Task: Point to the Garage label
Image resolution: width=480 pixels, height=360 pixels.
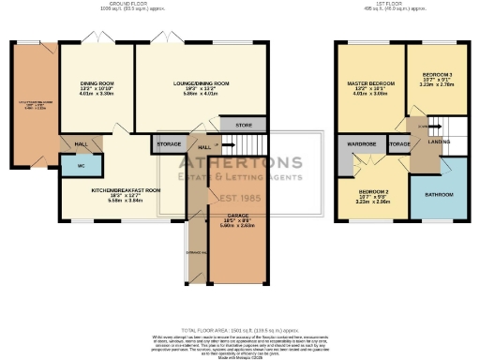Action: tap(231, 220)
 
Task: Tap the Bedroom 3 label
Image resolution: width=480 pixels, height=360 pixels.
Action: tap(436, 74)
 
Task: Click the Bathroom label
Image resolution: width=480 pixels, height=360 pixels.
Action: tap(438, 194)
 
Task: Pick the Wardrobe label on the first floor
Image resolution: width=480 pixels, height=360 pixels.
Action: tap(361, 144)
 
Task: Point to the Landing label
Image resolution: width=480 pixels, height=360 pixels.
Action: tap(426, 142)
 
